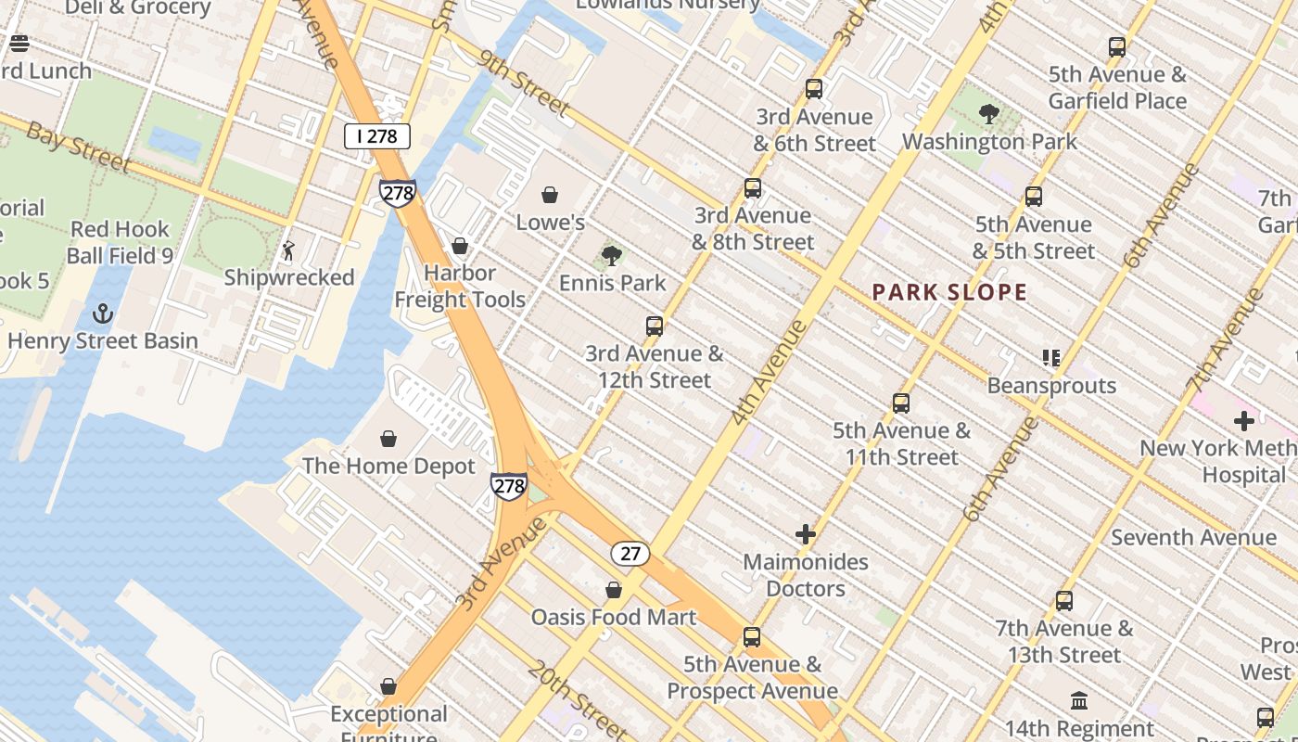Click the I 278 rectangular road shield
tap(376, 136)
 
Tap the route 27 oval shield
tap(630, 554)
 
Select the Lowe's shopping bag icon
tap(550, 195)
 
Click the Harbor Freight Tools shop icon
tap(460, 246)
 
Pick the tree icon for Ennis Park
tap(611, 255)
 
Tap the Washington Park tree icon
tap(989, 114)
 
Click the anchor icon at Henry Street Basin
tap(103, 313)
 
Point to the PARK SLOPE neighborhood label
tap(949, 293)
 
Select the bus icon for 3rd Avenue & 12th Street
tap(655, 326)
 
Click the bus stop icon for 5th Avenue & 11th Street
tap(901, 403)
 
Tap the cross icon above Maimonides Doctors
tap(806, 534)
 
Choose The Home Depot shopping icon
tap(388, 439)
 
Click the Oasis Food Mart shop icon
tap(613, 590)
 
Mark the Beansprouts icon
tap(1050, 358)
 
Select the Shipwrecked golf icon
tap(289, 250)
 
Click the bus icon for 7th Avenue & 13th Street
tap(1064, 601)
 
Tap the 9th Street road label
tap(525, 84)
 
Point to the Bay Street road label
tap(78, 147)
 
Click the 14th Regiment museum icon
tap(1079, 700)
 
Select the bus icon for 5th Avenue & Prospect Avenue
tap(752, 637)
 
